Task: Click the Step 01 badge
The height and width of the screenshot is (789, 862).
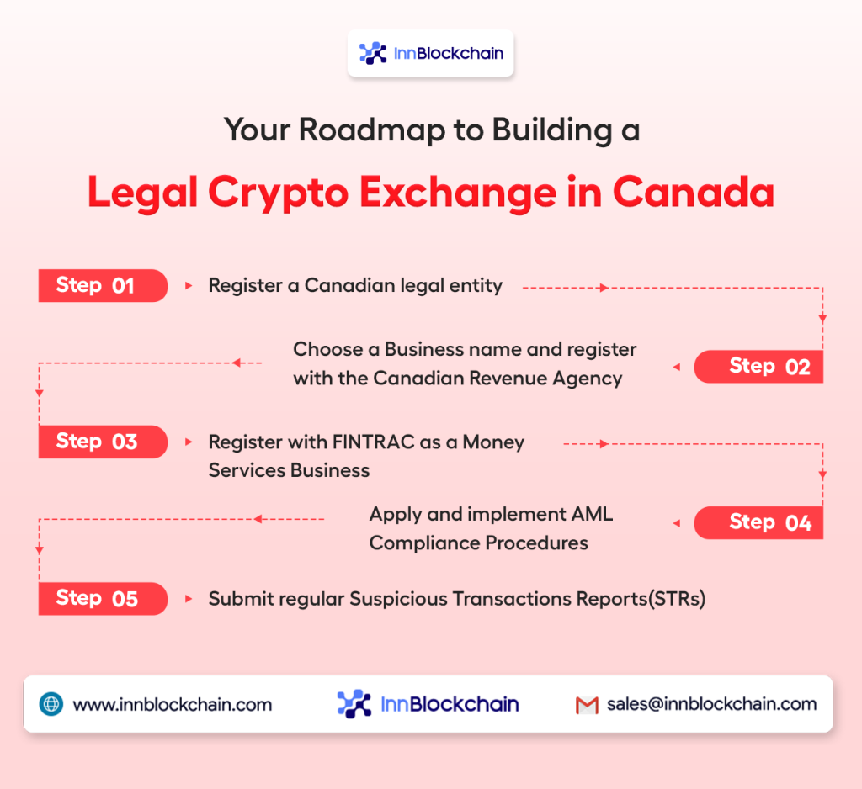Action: pos(103,286)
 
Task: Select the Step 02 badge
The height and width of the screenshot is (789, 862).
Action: pos(758,367)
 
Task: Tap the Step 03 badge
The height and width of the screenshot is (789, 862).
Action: pos(103,442)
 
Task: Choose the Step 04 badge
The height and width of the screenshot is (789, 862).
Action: pos(758,522)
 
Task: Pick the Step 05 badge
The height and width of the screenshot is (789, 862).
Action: pos(103,598)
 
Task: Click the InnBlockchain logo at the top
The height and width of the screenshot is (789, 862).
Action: pos(431,53)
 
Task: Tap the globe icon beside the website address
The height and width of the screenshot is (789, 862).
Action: pos(51,704)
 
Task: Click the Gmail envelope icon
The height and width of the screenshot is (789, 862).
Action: pos(587,705)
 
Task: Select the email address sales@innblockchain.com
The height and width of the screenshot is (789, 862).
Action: pos(711,704)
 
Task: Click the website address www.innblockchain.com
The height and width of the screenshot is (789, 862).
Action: pos(172,704)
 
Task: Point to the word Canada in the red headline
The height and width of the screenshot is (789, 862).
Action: pos(694,193)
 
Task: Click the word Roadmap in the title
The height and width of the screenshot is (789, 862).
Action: pos(371,130)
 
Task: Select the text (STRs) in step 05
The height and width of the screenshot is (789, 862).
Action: pos(677,599)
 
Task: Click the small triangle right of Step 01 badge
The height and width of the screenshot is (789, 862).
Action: pos(189,286)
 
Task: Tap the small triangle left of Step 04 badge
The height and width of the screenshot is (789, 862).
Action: pos(677,523)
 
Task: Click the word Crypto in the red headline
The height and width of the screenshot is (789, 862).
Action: pos(278,193)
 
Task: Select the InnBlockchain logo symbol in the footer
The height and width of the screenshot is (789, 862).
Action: pos(354,704)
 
